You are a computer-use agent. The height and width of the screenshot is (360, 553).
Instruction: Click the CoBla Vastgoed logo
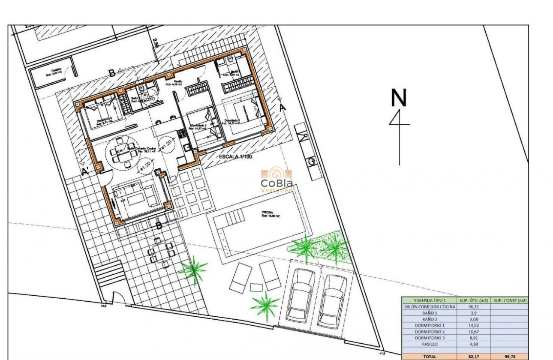click(x=276, y=180)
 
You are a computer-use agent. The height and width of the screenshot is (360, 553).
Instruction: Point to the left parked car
click(x=300, y=296)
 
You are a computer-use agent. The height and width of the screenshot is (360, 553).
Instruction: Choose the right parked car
click(x=333, y=300)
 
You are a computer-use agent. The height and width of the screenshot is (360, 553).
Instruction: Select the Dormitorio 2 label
click(x=199, y=126)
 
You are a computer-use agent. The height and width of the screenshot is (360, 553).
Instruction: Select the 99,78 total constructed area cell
click(x=510, y=356)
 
